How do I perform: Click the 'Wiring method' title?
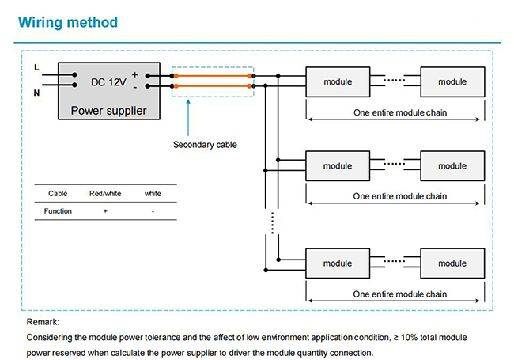pos(68,23)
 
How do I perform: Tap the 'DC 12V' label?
pos(108,82)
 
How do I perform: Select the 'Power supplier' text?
pos(108,111)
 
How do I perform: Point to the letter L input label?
pos(36,67)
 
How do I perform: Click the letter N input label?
pos(36,93)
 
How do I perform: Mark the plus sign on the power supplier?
pos(134,74)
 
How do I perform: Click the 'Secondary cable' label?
pos(205,145)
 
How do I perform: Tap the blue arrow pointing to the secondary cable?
pos(188,118)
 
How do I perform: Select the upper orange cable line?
pos(213,76)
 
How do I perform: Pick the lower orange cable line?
pos(213,86)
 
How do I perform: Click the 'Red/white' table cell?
pos(105,193)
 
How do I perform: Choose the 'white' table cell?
pos(153,193)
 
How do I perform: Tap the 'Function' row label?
pos(58,210)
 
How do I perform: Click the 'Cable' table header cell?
pos(58,193)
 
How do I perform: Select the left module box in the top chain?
pos(338,82)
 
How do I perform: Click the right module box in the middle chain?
pos(452,166)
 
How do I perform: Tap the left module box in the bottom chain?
pos(338,263)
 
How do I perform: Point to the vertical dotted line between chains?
pos(272,223)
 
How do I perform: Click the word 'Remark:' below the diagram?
pos(43,322)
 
